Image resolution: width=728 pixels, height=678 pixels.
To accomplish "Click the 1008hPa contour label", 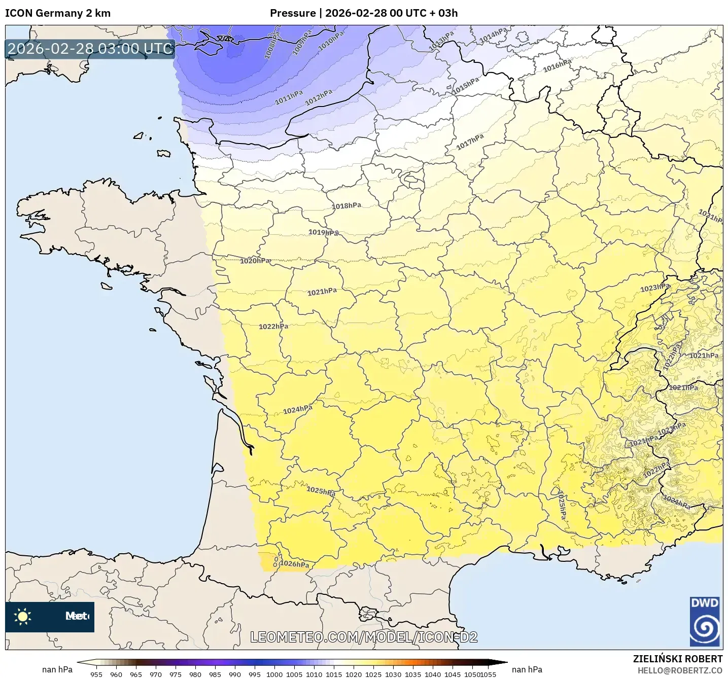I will point(271,46).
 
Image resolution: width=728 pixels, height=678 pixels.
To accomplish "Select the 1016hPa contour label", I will point(557,65).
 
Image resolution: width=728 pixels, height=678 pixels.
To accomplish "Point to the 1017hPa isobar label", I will point(470,142).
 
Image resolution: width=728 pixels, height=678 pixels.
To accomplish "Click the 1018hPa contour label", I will point(346,206).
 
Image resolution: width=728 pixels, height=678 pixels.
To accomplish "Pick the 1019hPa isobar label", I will point(323,233).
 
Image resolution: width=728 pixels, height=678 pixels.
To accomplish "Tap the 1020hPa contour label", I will point(255,261).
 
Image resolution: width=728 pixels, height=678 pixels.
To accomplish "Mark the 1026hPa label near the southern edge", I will point(294,564).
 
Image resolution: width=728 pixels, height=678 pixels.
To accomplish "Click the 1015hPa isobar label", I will point(465,85).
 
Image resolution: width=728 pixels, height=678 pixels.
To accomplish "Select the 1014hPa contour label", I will point(493,35).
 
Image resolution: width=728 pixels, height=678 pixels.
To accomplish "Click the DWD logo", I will point(705,621).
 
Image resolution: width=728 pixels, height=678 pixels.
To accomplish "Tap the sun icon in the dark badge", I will point(23,617).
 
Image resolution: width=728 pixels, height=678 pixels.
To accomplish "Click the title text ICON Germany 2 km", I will point(58,13).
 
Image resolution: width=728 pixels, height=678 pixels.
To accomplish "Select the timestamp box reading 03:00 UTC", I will point(90,49).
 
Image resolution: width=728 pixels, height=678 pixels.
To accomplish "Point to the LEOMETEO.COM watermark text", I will point(364,637).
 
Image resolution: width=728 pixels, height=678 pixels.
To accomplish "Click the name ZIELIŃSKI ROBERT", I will point(677,659).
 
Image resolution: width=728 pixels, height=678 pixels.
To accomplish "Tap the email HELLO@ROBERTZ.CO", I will point(680,670).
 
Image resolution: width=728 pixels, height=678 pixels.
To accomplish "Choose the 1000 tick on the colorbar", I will point(274,674).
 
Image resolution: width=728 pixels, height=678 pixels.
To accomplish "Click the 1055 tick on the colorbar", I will point(488,674).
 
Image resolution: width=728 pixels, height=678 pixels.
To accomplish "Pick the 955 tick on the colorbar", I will point(96,674).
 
